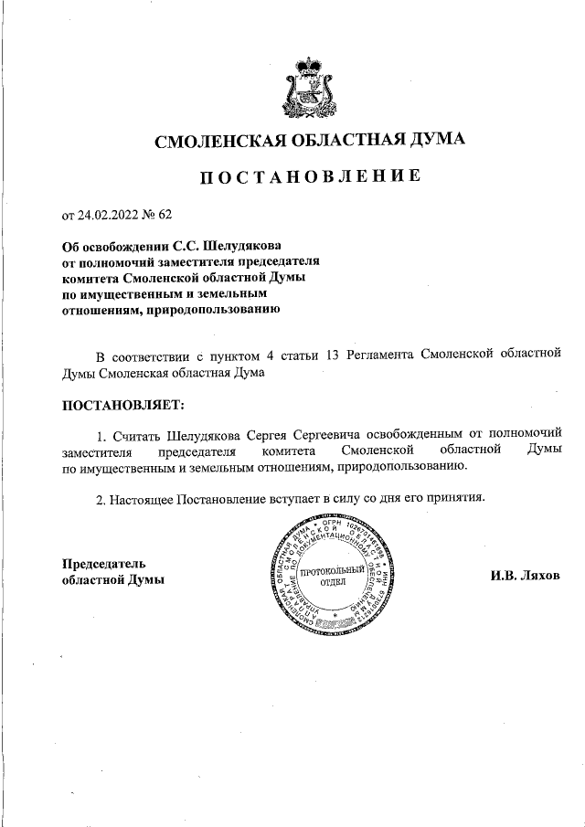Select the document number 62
[x=165, y=216]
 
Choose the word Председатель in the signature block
[x=103, y=564]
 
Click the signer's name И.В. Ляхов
[x=525, y=576]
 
